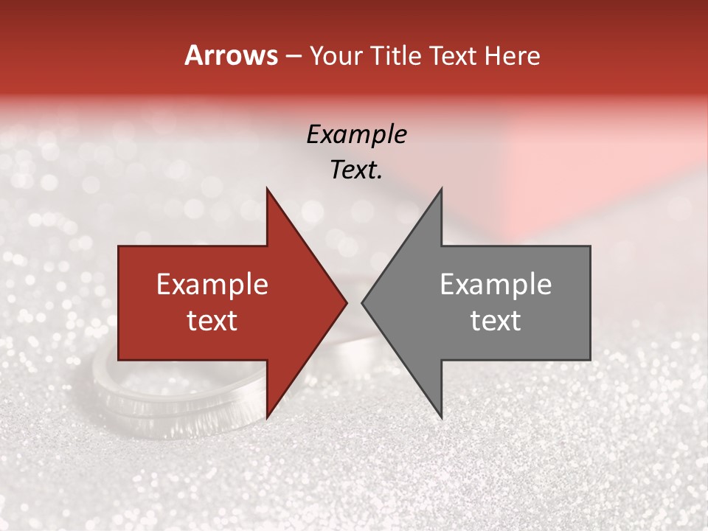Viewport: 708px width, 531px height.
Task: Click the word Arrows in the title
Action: pyautogui.click(x=231, y=56)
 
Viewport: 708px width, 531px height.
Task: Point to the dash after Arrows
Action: pyautogui.click(x=293, y=57)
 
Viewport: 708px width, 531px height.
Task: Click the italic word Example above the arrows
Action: pyautogui.click(x=356, y=135)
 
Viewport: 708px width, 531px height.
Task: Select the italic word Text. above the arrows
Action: pyautogui.click(x=356, y=170)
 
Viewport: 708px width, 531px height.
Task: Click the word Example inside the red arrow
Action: pyautogui.click(x=212, y=285)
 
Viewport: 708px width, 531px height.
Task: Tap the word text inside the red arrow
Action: pyautogui.click(x=212, y=321)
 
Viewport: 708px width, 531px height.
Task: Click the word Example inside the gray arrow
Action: pyautogui.click(x=496, y=285)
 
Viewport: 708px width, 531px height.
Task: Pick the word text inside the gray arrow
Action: pyautogui.click(x=496, y=321)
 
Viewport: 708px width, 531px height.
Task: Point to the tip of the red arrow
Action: pyautogui.click(x=344, y=302)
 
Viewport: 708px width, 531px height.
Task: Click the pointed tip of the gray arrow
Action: pyautogui.click(x=364, y=302)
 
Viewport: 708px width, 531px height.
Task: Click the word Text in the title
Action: pyautogui.click(x=454, y=56)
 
